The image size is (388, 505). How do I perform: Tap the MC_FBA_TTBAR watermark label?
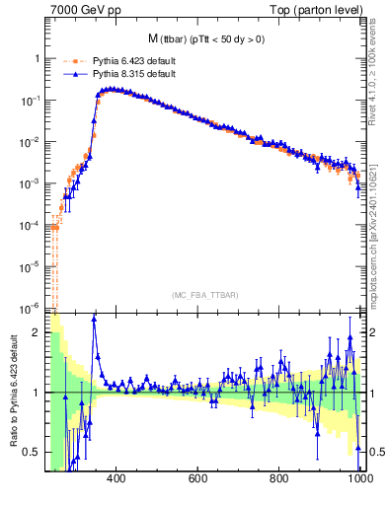click(206, 296)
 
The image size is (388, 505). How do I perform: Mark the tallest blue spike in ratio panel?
click(95, 317)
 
